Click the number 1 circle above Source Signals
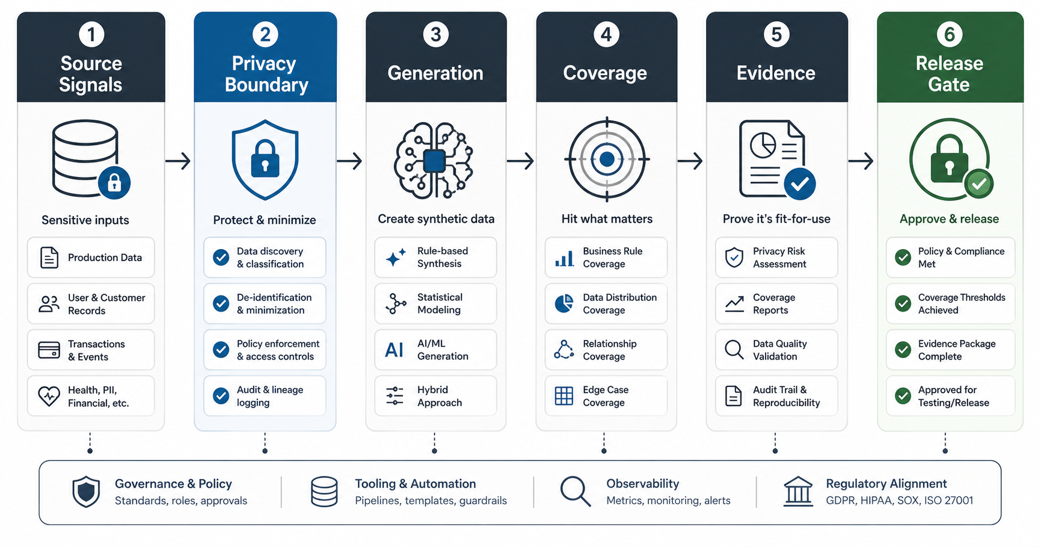pos(91,34)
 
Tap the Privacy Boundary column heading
pos(266,74)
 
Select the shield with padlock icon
pos(265,159)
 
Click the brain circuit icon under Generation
pos(434,160)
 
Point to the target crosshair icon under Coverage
pos(607,159)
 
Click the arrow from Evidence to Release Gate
pos(861,161)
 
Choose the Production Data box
pos(91,258)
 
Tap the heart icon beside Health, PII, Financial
pos(49,396)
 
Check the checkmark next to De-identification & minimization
pos(221,303)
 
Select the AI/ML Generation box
pos(435,350)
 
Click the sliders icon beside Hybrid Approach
pos(395,396)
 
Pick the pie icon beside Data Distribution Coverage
pos(563,303)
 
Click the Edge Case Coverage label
pos(606,396)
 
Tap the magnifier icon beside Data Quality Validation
pos(734,350)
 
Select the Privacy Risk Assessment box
pos(776,258)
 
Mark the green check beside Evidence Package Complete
pos(903,350)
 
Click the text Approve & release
pos(949,219)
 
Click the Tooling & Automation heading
pos(415,484)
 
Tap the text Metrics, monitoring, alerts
pos(668,501)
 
